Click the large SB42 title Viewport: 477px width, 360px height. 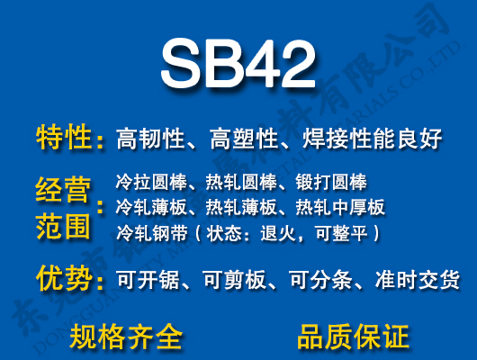(x=238, y=64)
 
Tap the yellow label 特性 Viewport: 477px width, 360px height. (x=64, y=138)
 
